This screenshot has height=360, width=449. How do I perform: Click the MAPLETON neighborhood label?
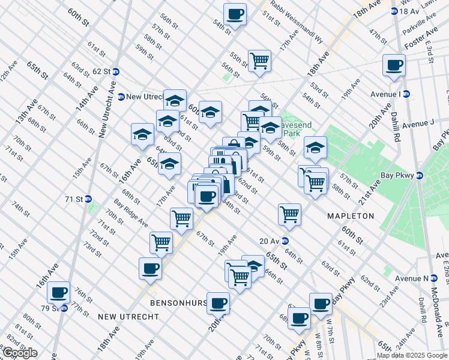351,215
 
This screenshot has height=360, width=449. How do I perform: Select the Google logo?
19,352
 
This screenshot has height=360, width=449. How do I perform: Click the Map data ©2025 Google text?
412,355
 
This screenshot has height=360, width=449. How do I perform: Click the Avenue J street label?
418,124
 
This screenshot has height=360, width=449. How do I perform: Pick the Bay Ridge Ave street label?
131,214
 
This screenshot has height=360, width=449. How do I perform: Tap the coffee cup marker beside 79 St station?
59,293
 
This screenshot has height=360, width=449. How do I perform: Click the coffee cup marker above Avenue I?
394,65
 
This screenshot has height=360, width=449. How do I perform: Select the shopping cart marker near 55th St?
259,61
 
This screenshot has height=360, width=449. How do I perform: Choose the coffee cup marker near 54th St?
235,14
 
